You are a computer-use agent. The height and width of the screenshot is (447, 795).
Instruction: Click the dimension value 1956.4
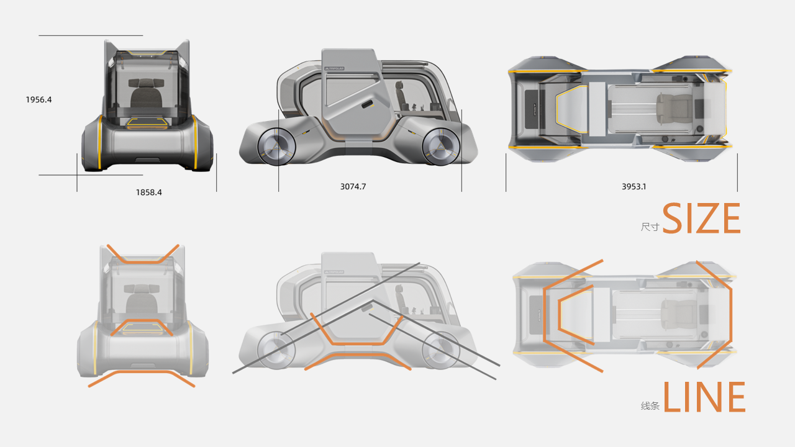pos(39,99)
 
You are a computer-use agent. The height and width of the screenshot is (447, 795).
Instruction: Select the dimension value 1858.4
pos(149,192)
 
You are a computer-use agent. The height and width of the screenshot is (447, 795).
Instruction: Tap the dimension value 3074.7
pos(353,186)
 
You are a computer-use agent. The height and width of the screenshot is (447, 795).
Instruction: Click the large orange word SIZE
pos(701,219)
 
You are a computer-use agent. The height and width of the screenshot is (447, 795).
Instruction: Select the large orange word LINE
pos(704,398)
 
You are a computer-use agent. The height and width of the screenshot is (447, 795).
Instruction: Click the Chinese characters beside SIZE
pos(650,227)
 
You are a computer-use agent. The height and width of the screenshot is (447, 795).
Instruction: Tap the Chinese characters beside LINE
pos(650,406)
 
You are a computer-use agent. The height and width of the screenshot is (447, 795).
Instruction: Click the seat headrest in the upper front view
pos(144,84)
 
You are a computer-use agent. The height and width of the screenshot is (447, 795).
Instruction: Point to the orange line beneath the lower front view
pos(142,376)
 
